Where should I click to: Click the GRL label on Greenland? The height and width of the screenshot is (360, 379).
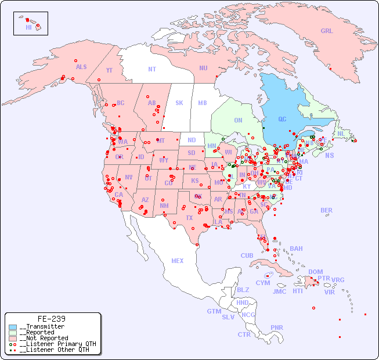(327, 31)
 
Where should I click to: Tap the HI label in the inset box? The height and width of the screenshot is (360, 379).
(28, 27)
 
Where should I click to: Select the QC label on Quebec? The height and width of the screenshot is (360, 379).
(282, 120)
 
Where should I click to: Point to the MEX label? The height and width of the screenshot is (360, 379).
(178, 261)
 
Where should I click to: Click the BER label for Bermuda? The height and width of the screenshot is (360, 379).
(327, 210)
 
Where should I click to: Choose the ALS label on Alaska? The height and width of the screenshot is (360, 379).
(81, 67)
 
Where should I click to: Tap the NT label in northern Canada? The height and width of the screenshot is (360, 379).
(152, 69)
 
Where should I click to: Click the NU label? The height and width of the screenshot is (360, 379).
(203, 68)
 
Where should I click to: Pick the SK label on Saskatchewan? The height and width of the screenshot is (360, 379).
(179, 103)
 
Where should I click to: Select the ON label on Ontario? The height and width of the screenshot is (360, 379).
(238, 120)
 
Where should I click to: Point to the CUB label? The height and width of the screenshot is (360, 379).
(247, 255)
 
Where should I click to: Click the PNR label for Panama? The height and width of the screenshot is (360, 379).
(277, 327)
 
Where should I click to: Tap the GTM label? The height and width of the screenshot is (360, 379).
(214, 311)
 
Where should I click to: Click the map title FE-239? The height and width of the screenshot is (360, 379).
(52, 319)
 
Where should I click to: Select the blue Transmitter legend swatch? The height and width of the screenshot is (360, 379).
(13, 327)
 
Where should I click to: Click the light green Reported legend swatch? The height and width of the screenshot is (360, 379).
(13, 333)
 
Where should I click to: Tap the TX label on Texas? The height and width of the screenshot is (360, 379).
(189, 218)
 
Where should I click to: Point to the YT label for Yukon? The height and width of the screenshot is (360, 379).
(109, 70)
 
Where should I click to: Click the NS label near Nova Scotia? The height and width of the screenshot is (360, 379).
(329, 156)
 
